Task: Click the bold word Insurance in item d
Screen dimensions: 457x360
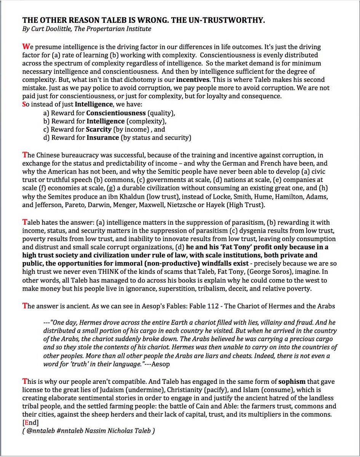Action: pos(102,137)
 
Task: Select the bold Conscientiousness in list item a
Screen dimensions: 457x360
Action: pos(116,113)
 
